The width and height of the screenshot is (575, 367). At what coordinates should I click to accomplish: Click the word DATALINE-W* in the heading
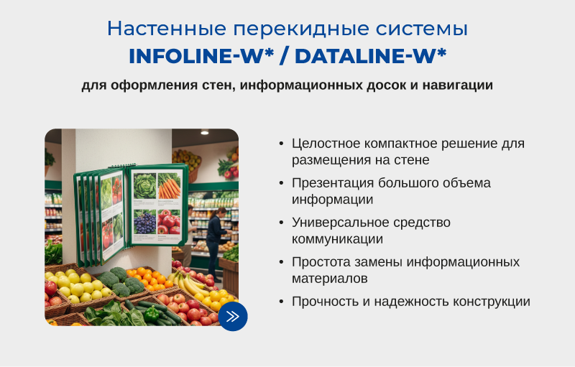coord(370,55)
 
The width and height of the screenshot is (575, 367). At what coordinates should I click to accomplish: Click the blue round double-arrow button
coord(232,316)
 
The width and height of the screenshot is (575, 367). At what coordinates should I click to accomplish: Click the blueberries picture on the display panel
coord(145,222)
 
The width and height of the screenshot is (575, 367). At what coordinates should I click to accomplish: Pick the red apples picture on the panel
coord(169,222)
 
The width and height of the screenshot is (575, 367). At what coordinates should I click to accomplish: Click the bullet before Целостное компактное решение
coord(281,144)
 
